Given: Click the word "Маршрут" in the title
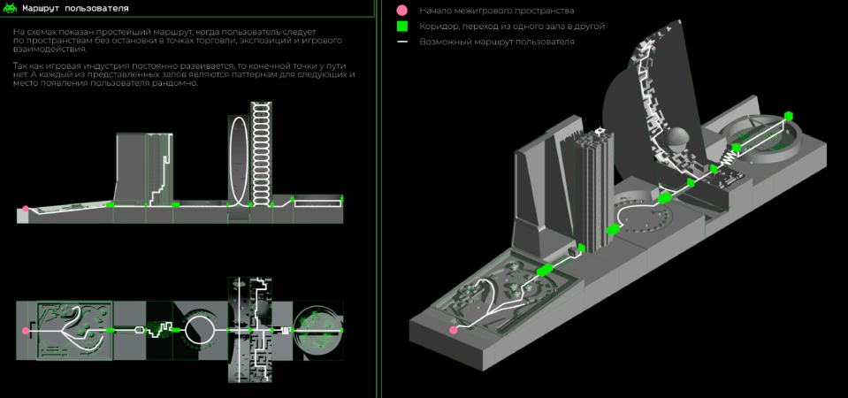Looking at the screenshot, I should (43, 9).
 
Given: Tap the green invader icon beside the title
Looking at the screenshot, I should (11, 9).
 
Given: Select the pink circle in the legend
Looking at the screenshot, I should (402, 11).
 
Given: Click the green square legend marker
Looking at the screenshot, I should (402, 27).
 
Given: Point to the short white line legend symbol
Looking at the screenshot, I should (402, 42).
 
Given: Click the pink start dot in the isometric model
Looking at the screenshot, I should (454, 330).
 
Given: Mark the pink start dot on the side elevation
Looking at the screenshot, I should (26, 209).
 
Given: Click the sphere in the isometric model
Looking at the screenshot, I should (677, 140).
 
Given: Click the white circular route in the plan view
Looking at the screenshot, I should (198, 330).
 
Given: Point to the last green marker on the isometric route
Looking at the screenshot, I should (789, 116).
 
